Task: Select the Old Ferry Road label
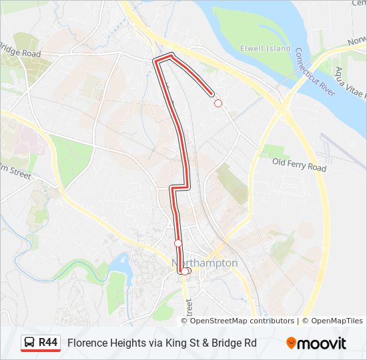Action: click(x=300, y=164)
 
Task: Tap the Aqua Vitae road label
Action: click(x=351, y=83)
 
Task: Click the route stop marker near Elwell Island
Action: click(x=218, y=103)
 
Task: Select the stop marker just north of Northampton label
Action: click(x=178, y=243)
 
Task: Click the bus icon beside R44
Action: click(x=30, y=343)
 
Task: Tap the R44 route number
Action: click(x=48, y=343)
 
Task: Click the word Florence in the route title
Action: click(x=86, y=343)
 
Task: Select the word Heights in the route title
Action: click(x=127, y=343)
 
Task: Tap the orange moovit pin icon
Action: click(x=291, y=343)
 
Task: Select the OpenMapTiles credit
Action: click(x=336, y=321)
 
